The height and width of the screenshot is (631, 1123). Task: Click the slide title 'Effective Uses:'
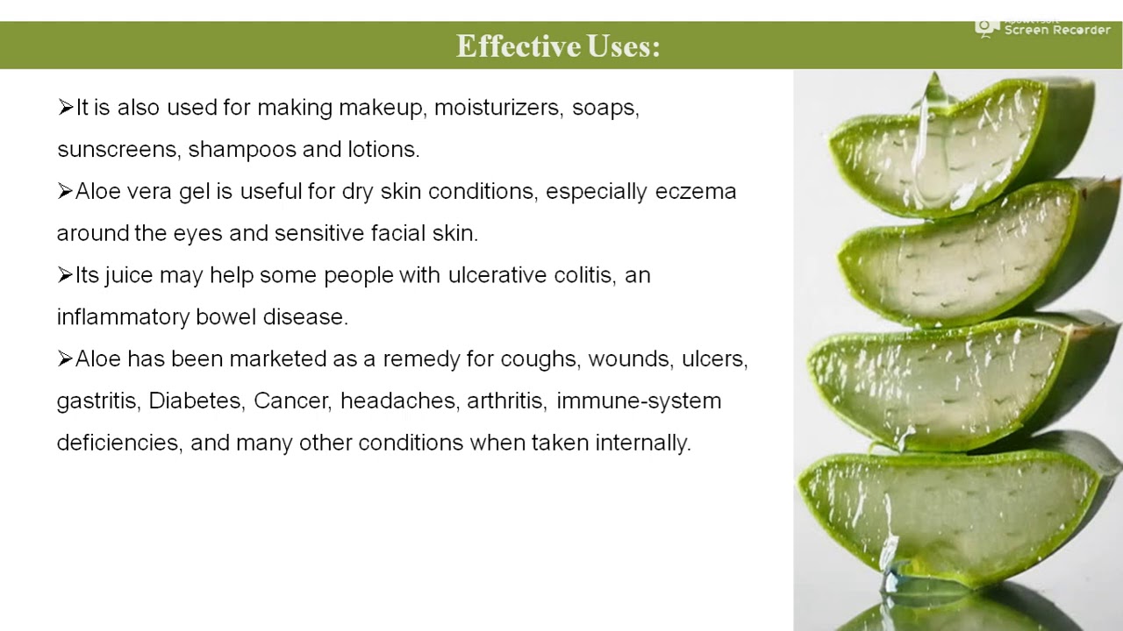coord(558,46)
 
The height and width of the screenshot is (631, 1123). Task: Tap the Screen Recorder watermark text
coord(1056,30)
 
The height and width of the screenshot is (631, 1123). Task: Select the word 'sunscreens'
coord(118,150)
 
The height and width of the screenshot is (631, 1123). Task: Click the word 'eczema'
coord(696,192)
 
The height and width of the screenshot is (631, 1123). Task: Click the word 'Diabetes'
coord(195,401)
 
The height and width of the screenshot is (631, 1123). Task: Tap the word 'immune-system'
coord(639,401)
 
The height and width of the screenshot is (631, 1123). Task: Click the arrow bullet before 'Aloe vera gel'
coord(65,191)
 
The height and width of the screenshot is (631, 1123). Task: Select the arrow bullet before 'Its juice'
coord(65,275)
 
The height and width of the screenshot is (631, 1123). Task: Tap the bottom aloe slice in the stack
coord(948,517)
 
